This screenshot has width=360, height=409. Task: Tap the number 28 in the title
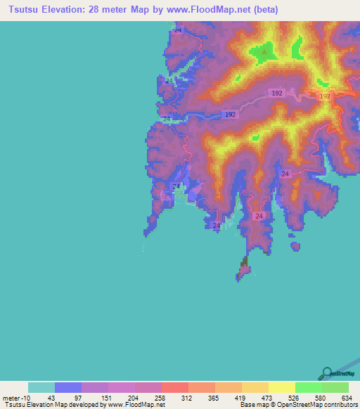pos(84,10)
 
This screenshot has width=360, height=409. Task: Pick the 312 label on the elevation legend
pos(187,398)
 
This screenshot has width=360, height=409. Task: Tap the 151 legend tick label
pos(107,398)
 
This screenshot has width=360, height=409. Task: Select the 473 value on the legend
pos(267,398)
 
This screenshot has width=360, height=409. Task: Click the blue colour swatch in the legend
pos(68,387)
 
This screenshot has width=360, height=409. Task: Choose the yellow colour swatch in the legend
pos(282,387)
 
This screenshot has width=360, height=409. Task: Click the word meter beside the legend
pos(11,398)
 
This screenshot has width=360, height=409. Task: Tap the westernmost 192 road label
pos(231,114)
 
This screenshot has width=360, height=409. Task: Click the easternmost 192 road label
pos(325,96)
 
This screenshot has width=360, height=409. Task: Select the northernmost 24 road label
pos(178,30)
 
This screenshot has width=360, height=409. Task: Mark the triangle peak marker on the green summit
pos(264,51)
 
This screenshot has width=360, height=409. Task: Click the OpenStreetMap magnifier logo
pos(326,373)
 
